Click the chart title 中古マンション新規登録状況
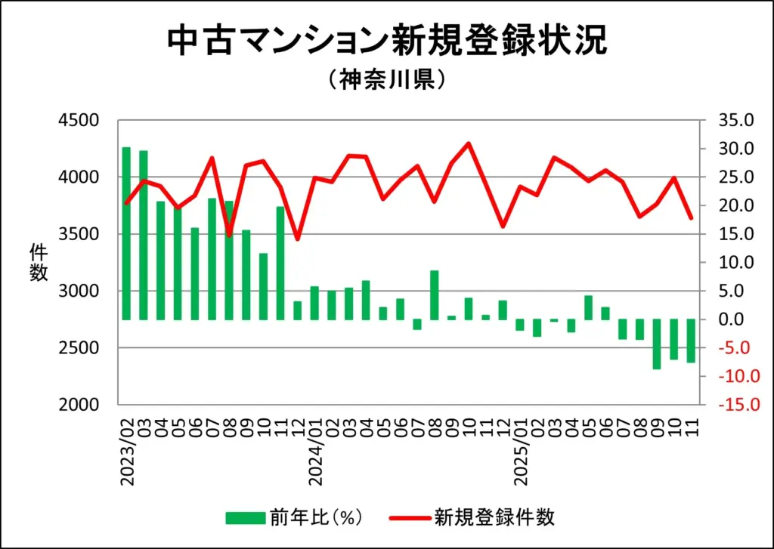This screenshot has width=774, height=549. pyautogui.click(x=386, y=42)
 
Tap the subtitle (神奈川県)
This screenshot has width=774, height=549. pyautogui.click(x=386, y=80)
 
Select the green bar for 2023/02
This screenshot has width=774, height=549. pyautogui.click(x=126, y=233)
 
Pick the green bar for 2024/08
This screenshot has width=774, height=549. pyautogui.click(x=435, y=295)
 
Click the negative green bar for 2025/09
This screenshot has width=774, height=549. pyautogui.click(x=657, y=344)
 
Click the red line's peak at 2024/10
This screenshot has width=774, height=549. pyautogui.click(x=469, y=143)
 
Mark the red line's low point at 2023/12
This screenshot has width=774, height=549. pyautogui.click(x=297, y=239)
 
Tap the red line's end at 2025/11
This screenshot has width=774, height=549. pyautogui.click(x=691, y=218)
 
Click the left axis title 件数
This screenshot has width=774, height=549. pyautogui.click(x=39, y=262)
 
